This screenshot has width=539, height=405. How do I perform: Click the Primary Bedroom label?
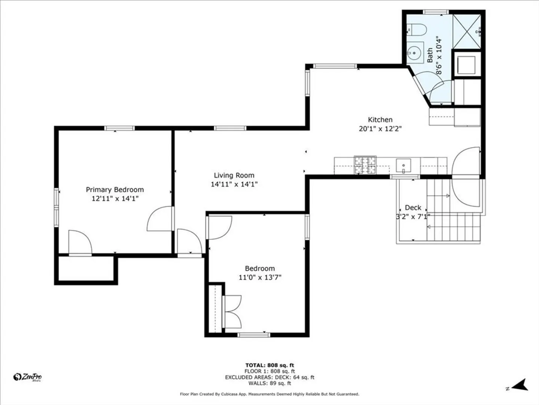click(115, 190)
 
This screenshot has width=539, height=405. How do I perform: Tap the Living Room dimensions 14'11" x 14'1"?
click(234, 184)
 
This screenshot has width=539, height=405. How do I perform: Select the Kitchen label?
click(380, 120)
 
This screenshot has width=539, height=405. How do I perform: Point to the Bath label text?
click(430, 55)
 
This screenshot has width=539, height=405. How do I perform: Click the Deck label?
click(413, 208)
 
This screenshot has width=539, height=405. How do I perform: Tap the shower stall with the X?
click(466, 31)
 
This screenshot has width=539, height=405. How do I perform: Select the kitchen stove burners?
click(365, 165)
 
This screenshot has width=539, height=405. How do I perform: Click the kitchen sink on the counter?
click(404, 166)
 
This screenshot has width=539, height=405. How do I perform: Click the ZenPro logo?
click(27, 377)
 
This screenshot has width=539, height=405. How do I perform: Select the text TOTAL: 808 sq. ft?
click(269, 365)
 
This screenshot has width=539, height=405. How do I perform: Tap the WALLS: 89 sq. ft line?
click(269, 383)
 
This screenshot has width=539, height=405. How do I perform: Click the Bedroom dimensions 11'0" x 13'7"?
click(260, 277)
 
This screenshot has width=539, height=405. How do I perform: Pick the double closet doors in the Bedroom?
click(232, 312)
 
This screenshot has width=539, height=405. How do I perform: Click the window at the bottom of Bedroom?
click(254, 334)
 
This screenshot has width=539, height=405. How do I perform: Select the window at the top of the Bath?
click(436, 12)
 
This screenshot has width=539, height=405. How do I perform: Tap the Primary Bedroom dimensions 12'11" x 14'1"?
click(115, 198)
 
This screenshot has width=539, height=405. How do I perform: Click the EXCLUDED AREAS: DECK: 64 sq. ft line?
click(269, 378)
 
